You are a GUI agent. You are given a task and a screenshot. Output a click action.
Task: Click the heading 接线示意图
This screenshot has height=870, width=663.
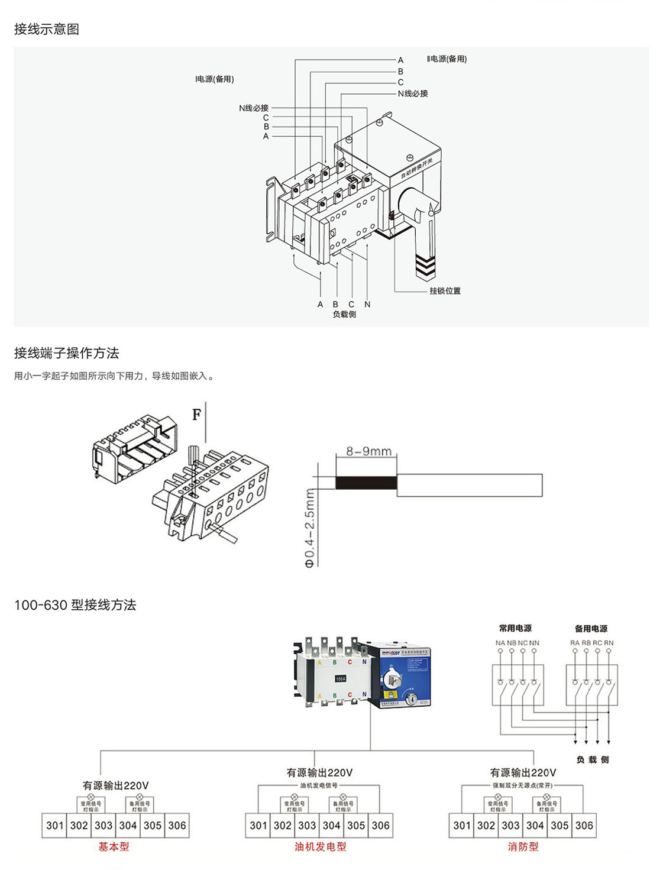click(47, 30)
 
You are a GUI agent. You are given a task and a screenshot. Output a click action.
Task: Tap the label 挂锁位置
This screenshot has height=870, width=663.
click(445, 291)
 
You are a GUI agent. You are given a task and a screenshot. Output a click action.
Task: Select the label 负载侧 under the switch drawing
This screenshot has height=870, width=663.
click(344, 314)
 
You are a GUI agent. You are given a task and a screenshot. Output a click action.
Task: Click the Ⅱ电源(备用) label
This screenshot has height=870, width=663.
click(447, 59)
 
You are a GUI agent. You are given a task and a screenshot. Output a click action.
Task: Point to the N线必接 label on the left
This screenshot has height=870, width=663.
click(254, 108)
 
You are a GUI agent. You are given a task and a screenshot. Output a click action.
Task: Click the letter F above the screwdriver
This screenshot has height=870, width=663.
click(197, 415)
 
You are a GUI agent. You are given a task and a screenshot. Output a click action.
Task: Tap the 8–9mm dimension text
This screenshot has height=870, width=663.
click(368, 451)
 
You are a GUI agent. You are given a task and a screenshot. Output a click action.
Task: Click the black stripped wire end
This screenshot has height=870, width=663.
click(366, 483)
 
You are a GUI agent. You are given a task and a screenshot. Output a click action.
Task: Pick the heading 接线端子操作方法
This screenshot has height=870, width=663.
click(67, 353)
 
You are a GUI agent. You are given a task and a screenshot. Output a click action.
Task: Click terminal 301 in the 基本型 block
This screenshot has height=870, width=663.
click(54, 825)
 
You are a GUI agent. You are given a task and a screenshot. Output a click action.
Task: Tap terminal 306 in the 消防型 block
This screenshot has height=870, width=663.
click(584, 825)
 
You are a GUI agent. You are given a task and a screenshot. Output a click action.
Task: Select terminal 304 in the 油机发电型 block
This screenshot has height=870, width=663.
click(331, 825)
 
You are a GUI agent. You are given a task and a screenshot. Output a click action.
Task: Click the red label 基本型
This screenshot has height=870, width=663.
click(114, 847)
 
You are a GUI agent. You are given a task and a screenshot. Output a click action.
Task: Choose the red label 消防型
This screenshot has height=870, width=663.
click(523, 847)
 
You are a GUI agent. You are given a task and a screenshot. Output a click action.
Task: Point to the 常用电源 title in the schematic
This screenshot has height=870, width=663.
click(515, 628)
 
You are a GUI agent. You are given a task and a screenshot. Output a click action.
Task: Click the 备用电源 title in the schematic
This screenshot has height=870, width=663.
click(591, 629)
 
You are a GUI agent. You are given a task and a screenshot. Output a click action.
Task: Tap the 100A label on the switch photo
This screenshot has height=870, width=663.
click(341, 679)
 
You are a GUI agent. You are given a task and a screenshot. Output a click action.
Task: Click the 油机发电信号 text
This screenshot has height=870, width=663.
click(319, 785)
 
